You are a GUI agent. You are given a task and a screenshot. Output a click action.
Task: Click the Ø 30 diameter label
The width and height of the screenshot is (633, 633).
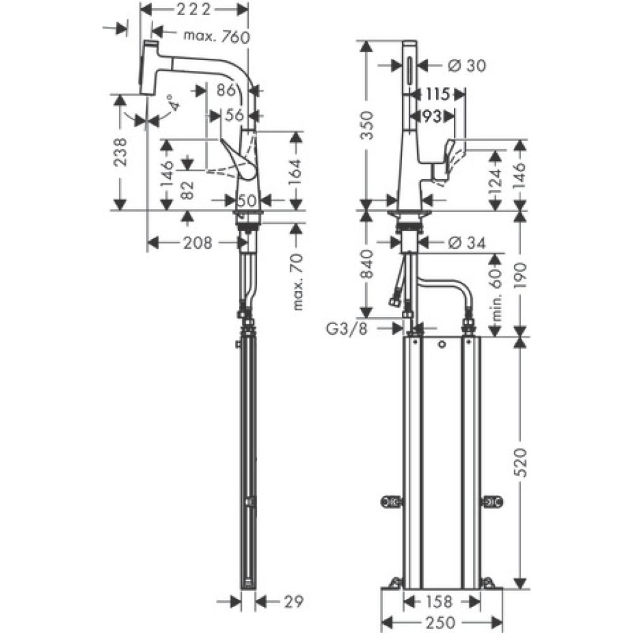click(x=466, y=66)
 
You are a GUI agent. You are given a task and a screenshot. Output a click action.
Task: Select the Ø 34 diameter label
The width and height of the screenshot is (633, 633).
click(x=466, y=242)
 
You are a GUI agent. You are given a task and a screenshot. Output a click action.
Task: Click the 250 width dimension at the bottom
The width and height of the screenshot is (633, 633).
click(x=441, y=622)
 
